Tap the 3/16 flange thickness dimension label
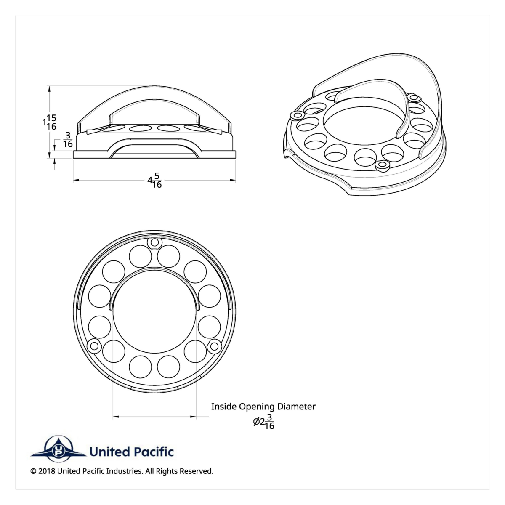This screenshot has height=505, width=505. (x=67, y=139)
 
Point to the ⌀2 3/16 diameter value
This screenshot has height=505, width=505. (x=264, y=421)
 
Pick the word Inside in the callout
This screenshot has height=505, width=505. (x=224, y=407)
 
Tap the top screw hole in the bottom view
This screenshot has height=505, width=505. (x=154, y=242)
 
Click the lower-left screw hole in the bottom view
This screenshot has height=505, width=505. (x=93, y=346)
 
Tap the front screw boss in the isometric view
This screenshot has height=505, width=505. (x=382, y=165)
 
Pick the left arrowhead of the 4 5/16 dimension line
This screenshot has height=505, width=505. (x=76, y=180)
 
